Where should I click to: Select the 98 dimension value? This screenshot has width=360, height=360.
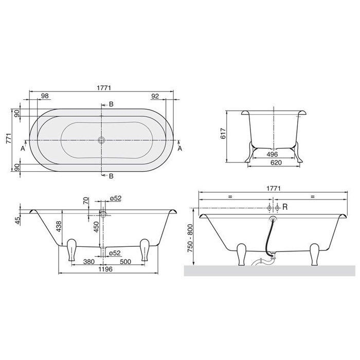coord(45,96)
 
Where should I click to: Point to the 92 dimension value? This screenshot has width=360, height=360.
coord(156,96)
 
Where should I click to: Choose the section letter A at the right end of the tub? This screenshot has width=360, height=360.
coord(180,149)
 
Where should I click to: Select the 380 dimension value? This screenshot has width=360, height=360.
coord(88,261)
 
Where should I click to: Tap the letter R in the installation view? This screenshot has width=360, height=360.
coord(285,207)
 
